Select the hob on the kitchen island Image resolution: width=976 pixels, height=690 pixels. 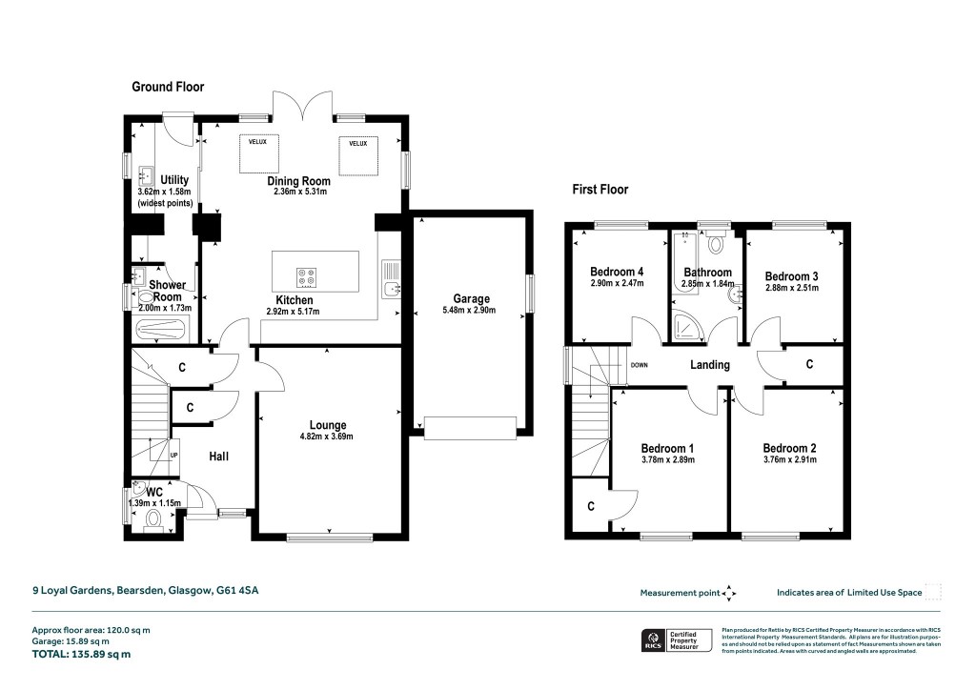(308, 277)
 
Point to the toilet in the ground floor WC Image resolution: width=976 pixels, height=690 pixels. (154, 520)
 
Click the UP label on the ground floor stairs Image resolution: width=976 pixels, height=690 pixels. (173, 455)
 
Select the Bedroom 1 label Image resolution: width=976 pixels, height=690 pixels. (667, 448)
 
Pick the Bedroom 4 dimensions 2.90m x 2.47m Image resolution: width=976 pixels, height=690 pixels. (617, 283)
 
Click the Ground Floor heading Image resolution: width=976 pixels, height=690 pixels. (168, 87)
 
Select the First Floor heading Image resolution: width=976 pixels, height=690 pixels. (600, 190)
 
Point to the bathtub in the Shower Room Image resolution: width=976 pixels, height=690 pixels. (163, 331)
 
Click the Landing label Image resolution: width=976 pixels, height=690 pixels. (710, 365)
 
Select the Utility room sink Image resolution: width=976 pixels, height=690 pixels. (147, 176)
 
